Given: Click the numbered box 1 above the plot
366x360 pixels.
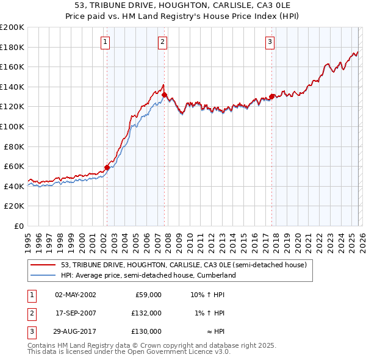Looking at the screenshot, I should pyautogui.click(x=106, y=42).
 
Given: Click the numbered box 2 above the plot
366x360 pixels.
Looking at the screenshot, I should pyautogui.click(x=163, y=42).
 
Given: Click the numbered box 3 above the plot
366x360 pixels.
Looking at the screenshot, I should pyautogui.click(x=270, y=42).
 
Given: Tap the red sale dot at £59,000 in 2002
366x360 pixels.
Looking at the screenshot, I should pyautogui.click(x=107, y=167).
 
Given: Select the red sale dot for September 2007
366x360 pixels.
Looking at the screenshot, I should pyautogui.click(x=164, y=95).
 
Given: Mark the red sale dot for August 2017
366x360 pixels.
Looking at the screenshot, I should pyautogui.click(x=271, y=96).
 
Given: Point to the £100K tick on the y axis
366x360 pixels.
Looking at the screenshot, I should pyautogui.click(x=13, y=126).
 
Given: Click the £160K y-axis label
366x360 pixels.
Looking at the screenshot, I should pyautogui.click(x=13, y=67).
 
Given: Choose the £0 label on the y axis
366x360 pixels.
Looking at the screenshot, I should pyautogui.click(x=18, y=226).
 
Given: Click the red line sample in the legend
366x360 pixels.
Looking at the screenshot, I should pyautogui.click(x=44, y=265).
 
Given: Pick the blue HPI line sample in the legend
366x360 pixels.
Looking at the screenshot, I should pyautogui.click(x=44, y=275).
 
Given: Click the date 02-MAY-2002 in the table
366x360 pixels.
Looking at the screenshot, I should pyautogui.click(x=75, y=295).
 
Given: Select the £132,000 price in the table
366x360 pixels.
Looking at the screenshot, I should pyautogui.click(x=146, y=313).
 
